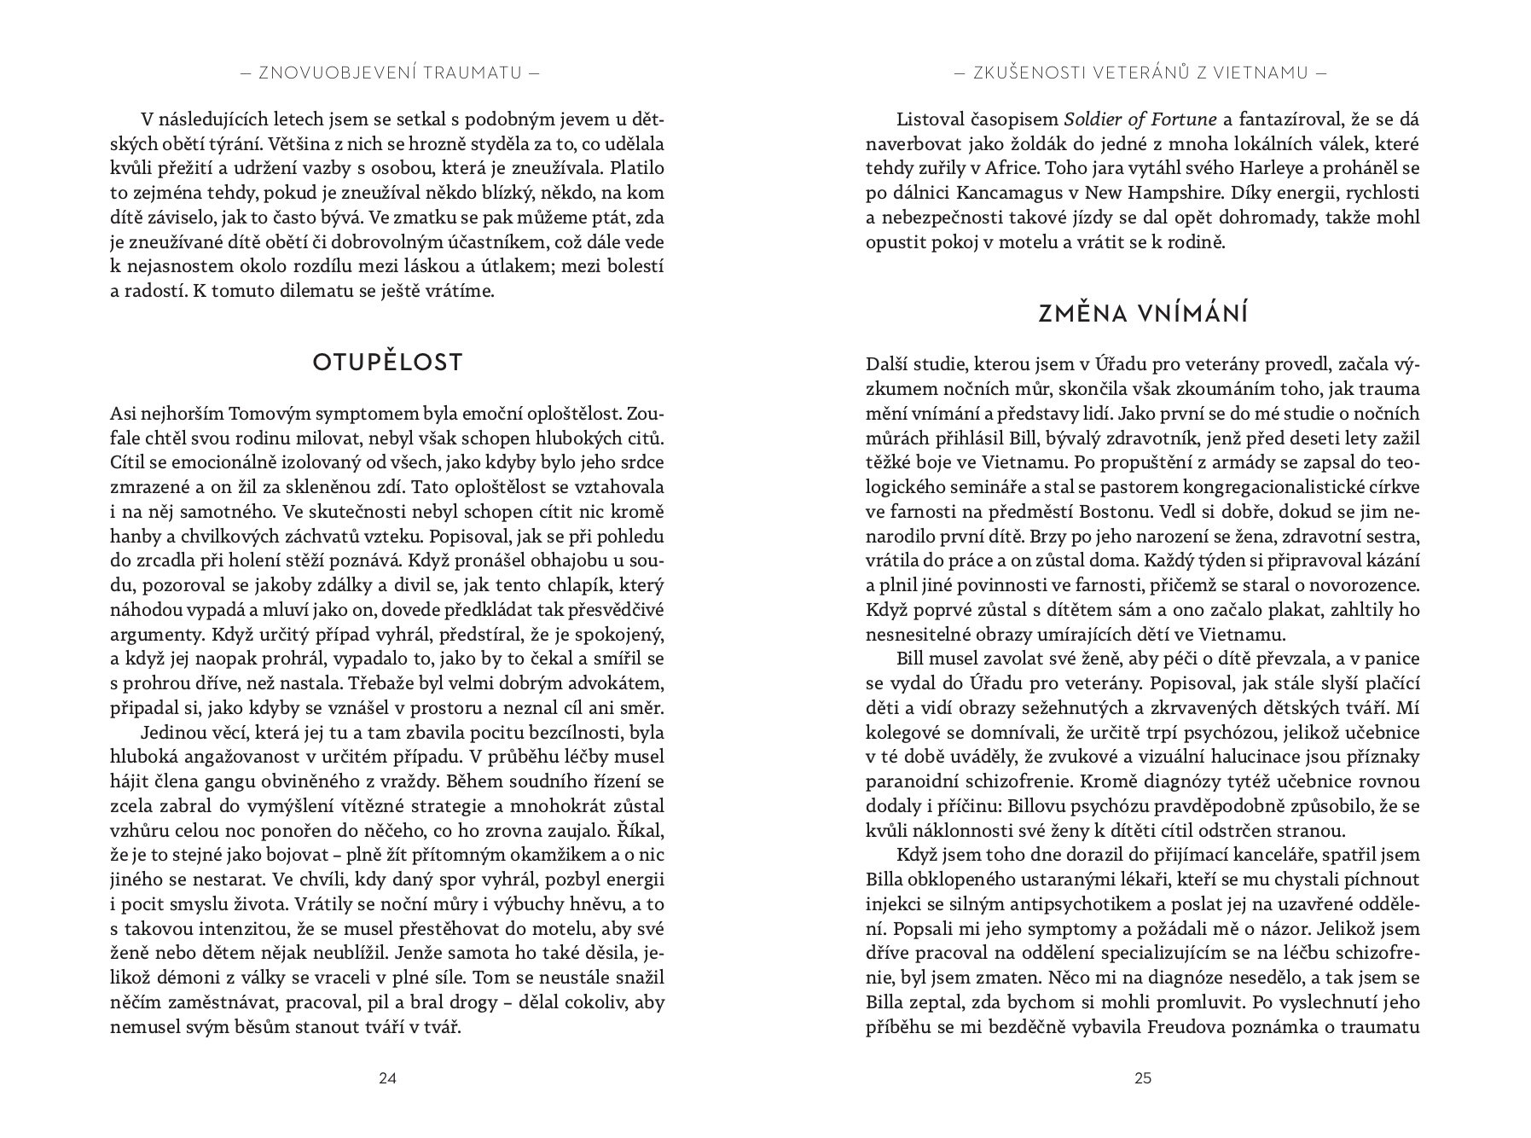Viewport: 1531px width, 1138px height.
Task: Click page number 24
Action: [x=387, y=1077]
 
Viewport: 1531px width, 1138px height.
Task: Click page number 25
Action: [x=1143, y=1077]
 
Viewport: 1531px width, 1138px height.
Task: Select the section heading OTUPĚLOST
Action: [x=387, y=363]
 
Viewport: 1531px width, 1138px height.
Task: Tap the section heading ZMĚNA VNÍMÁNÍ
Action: [x=1143, y=314]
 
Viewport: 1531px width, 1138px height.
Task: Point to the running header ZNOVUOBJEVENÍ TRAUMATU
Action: [x=387, y=73]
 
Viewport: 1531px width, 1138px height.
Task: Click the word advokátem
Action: [x=615, y=683]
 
